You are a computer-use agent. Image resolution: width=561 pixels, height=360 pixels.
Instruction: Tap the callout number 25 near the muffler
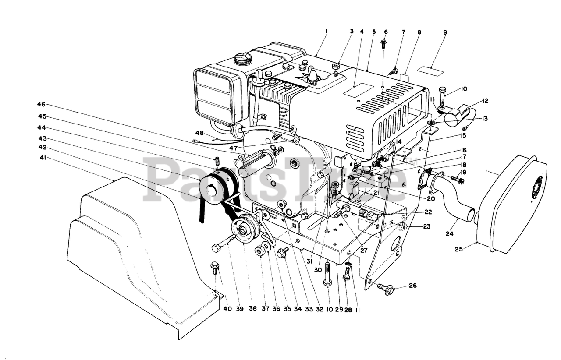tap(458, 249)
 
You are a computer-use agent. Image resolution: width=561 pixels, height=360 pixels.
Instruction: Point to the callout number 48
tap(200, 133)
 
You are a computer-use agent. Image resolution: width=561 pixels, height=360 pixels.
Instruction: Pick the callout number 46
tap(41, 105)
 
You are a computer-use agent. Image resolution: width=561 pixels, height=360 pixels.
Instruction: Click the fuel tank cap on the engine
tap(241, 57)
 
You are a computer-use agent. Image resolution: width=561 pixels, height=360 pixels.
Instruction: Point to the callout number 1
tap(327, 32)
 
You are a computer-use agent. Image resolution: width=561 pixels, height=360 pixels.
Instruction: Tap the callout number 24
tap(449, 234)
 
